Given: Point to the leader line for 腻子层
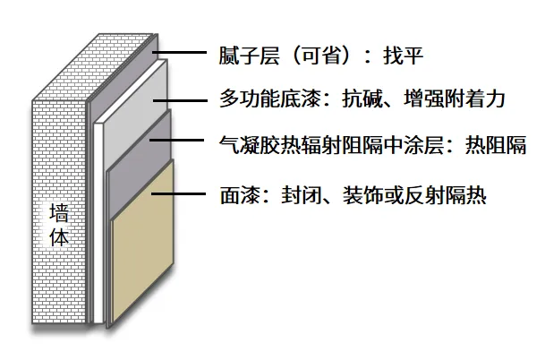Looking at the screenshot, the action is point(183,55).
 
